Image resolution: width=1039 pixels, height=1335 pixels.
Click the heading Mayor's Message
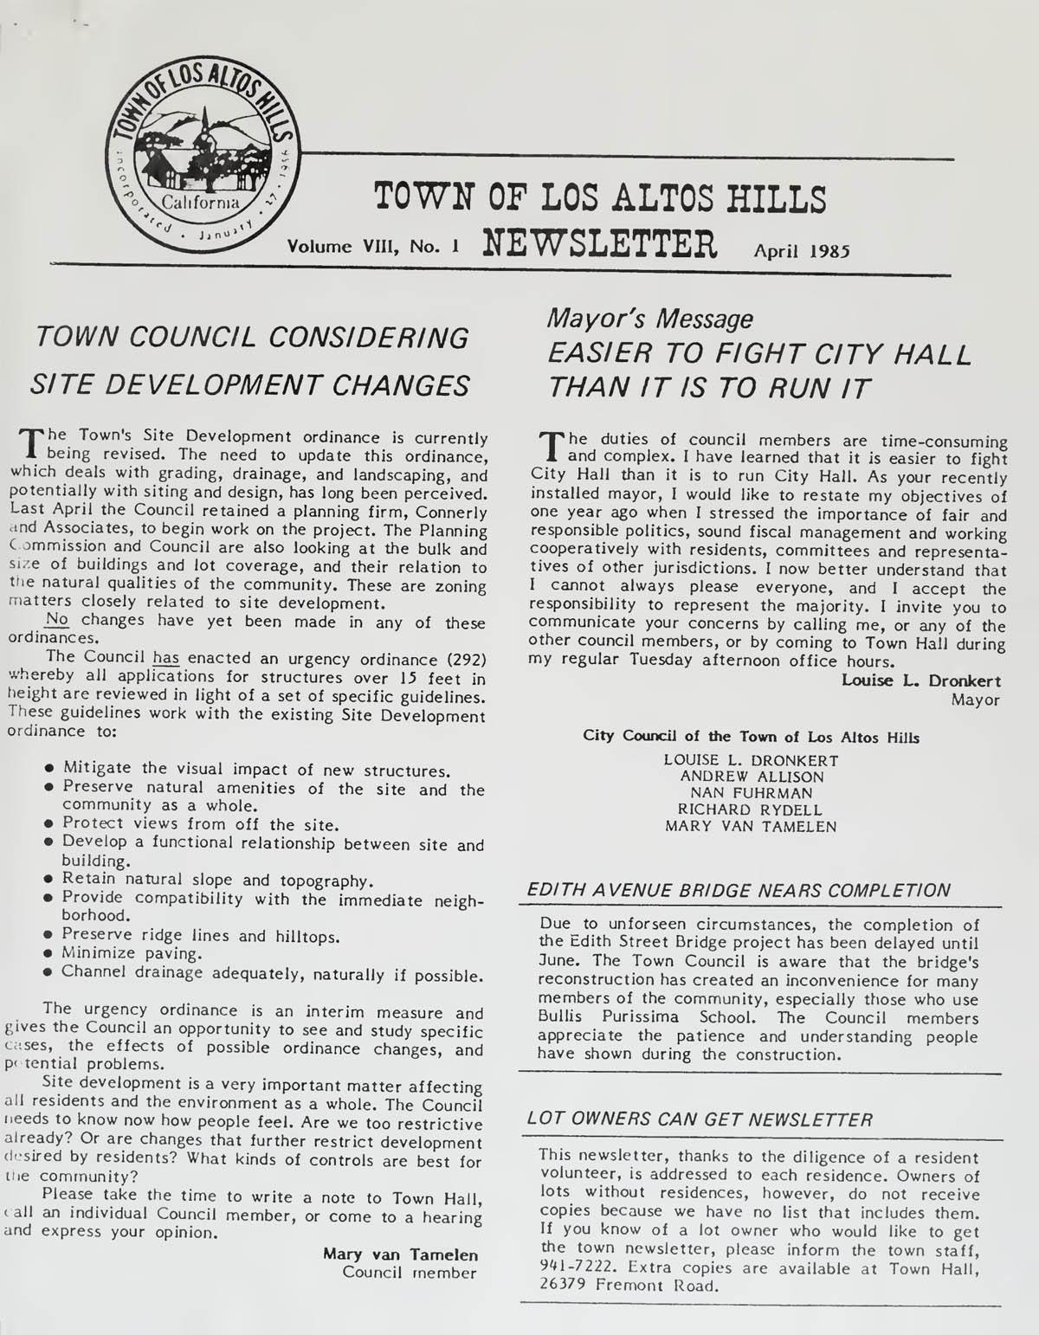649,319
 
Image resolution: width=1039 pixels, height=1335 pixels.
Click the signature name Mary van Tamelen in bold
400,1254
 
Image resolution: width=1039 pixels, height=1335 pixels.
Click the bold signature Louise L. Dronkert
920,680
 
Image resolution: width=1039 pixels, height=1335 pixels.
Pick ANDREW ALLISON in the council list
752,777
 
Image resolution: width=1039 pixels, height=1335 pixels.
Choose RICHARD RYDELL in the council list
750,809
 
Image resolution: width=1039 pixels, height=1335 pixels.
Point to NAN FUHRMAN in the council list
751,793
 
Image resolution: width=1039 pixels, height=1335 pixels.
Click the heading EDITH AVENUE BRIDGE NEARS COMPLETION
739,890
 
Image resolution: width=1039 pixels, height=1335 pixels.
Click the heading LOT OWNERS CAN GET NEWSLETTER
700,1119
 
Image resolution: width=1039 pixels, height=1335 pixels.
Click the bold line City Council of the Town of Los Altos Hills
751,738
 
